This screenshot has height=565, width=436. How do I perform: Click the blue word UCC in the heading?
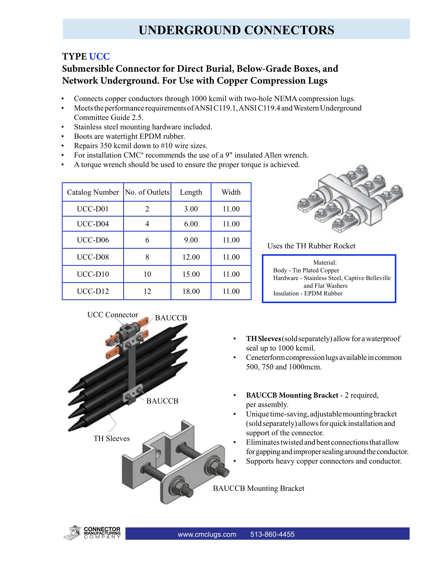[99, 57]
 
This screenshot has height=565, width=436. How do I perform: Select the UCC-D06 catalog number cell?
[93, 240]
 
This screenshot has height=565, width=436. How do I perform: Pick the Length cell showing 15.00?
[191, 274]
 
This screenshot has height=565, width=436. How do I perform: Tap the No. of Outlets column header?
[147, 192]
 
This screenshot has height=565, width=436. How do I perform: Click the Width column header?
[231, 192]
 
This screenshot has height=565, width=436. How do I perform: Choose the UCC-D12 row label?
[93, 291]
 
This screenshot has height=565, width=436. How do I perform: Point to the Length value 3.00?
[191, 209]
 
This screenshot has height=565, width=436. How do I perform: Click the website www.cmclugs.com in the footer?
[207, 534]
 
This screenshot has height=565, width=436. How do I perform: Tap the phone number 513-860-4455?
[272, 534]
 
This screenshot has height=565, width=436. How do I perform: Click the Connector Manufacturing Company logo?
[93, 533]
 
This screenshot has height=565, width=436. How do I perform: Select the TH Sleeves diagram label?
[111, 439]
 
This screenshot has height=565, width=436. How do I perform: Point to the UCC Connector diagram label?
[113, 315]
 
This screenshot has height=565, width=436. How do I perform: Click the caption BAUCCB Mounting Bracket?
[259, 489]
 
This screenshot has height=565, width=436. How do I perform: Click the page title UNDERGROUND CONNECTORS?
[236, 30]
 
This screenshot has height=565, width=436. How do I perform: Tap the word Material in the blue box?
[325, 263]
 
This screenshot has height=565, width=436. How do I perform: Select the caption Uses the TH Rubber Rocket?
[311, 246]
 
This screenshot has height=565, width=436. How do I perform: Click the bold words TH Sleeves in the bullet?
[263, 339]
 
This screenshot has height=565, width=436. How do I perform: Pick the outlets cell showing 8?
[147, 257]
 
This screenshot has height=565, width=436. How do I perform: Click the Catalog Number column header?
[93, 192]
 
